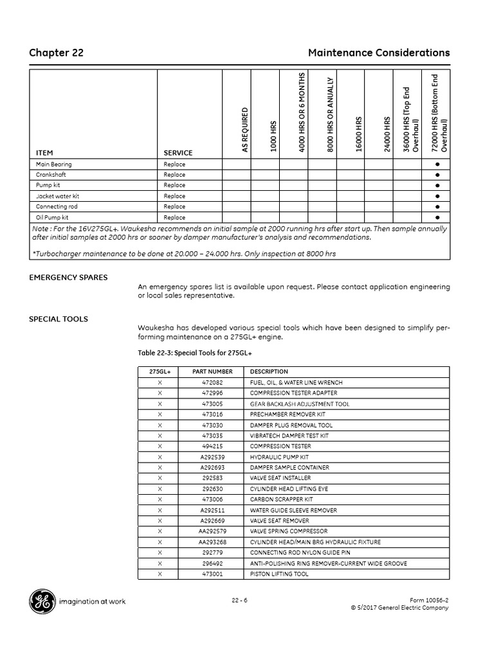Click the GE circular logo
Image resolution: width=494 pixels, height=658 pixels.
pyautogui.click(x=42, y=601)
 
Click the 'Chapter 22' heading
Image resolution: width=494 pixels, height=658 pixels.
pyautogui.click(x=56, y=53)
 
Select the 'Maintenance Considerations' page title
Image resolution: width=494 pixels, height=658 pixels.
pyautogui.click(x=379, y=53)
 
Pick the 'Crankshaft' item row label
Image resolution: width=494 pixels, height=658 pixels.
pyautogui.click(x=51, y=175)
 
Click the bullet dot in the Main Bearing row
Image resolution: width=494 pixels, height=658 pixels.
pyautogui.click(x=437, y=164)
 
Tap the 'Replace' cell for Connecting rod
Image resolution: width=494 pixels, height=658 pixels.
pyautogui.click(x=174, y=207)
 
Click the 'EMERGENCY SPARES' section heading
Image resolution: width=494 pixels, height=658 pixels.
pyautogui.click(x=68, y=278)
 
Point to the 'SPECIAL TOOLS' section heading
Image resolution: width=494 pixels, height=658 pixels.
pyautogui.click(x=59, y=319)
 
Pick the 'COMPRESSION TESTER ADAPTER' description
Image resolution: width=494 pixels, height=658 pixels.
pyautogui.click(x=293, y=393)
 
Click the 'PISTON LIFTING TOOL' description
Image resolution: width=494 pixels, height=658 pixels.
pyautogui.click(x=279, y=574)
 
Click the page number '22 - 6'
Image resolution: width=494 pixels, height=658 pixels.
pyautogui.click(x=240, y=601)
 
